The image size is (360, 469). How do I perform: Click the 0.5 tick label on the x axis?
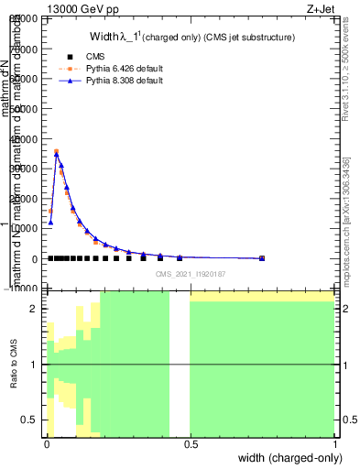click(x=190, y=443)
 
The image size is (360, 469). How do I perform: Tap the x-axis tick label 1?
click(x=334, y=443)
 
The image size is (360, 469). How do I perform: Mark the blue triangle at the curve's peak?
click(x=57, y=154)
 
